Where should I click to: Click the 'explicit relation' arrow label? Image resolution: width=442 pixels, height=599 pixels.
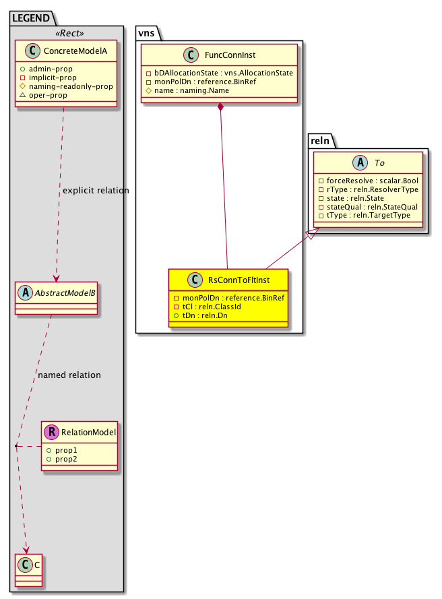click(x=95, y=191)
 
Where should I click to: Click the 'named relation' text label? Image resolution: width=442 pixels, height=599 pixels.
click(x=69, y=375)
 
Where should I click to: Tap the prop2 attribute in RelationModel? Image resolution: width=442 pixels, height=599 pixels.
click(x=67, y=458)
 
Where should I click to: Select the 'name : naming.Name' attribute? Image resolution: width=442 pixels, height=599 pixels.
click(x=191, y=90)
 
